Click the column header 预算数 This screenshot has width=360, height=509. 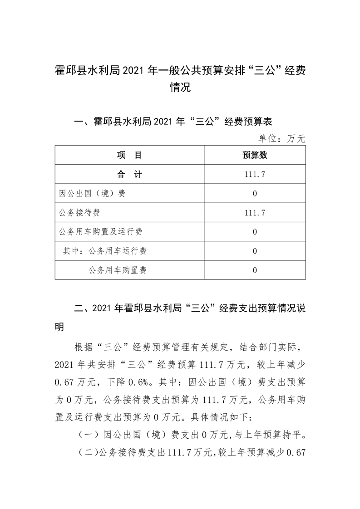click(x=255, y=156)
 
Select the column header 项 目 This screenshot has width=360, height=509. click(x=129, y=156)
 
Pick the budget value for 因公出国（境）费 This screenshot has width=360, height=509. click(x=255, y=194)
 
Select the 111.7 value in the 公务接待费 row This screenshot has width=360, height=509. click(x=255, y=213)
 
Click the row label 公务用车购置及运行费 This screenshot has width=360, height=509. click(x=101, y=232)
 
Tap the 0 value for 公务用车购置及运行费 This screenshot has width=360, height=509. click(x=255, y=232)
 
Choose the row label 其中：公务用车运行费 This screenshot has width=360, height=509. click(x=105, y=251)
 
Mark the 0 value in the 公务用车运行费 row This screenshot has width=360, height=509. click(x=255, y=251)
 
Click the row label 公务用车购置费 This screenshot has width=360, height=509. click(x=118, y=270)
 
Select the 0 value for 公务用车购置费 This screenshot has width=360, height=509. click(x=255, y=270)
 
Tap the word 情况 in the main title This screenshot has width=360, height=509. click(x=180, y=87)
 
